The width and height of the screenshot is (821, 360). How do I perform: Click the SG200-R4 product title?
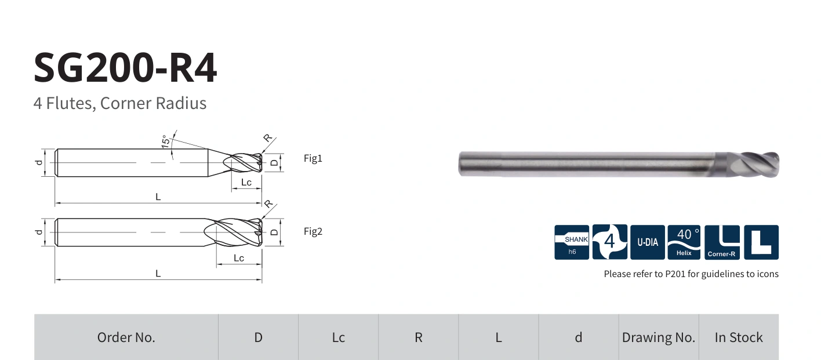pos(125,68)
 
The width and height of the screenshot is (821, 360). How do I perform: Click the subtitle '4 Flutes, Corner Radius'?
pos(120,103)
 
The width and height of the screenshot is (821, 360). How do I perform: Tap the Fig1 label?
pos(313,158)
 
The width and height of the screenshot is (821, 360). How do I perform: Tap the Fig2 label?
pos(313,231)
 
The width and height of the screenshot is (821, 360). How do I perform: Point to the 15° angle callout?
pos(166,141)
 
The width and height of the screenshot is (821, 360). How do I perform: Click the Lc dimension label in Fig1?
pos(246,182)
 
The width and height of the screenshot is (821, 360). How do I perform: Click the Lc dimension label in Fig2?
pos(239,258)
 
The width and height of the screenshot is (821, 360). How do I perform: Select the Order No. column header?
pos(126,337)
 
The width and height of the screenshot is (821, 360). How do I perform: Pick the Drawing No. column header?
pos(659,337)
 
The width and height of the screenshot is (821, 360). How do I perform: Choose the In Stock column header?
pos(739,337)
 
